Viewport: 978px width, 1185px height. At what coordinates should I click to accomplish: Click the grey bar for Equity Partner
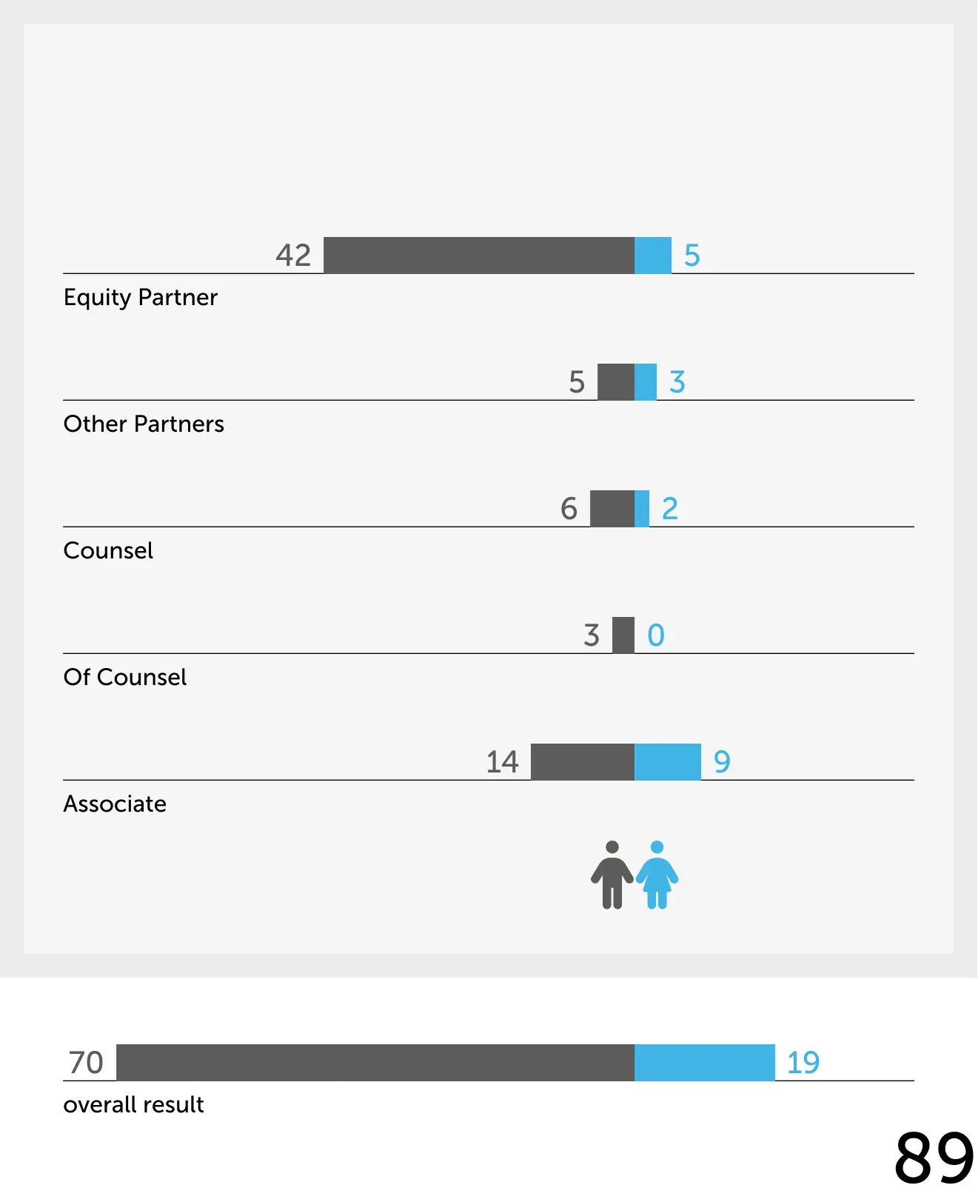[479, 256]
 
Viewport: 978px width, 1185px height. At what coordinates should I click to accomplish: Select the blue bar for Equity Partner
[653, 256]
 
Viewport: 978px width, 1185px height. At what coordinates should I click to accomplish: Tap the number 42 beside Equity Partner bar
[293, 256]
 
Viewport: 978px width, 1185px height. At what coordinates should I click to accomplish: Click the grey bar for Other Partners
[616, 382]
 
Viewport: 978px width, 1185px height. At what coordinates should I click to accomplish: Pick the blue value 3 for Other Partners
[677, 382]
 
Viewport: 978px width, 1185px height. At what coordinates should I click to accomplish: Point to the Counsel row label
[108, 550]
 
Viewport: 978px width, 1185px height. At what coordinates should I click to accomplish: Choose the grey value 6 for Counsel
[569, 509]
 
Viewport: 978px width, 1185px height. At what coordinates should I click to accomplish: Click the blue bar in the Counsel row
[642, 509]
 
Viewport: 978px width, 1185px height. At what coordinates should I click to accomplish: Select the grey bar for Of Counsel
[623, 635]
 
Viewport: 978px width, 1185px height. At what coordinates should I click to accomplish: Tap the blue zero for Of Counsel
[656, 635]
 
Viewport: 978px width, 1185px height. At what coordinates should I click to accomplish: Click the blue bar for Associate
[668, 762]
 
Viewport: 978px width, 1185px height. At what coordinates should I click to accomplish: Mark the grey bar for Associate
[583, 762]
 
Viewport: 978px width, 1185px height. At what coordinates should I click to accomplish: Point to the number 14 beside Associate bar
[502, 762]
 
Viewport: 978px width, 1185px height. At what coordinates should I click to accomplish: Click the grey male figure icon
[612, 875]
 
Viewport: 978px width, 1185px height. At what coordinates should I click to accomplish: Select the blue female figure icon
[657, 875]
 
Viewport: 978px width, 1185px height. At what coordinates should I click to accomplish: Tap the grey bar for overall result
[375, 1063]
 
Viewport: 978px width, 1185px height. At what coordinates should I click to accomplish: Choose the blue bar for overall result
[705, 1063]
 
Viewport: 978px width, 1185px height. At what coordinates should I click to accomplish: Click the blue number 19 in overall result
[803, 1063]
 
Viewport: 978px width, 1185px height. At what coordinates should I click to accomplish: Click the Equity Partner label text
[141, 297]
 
